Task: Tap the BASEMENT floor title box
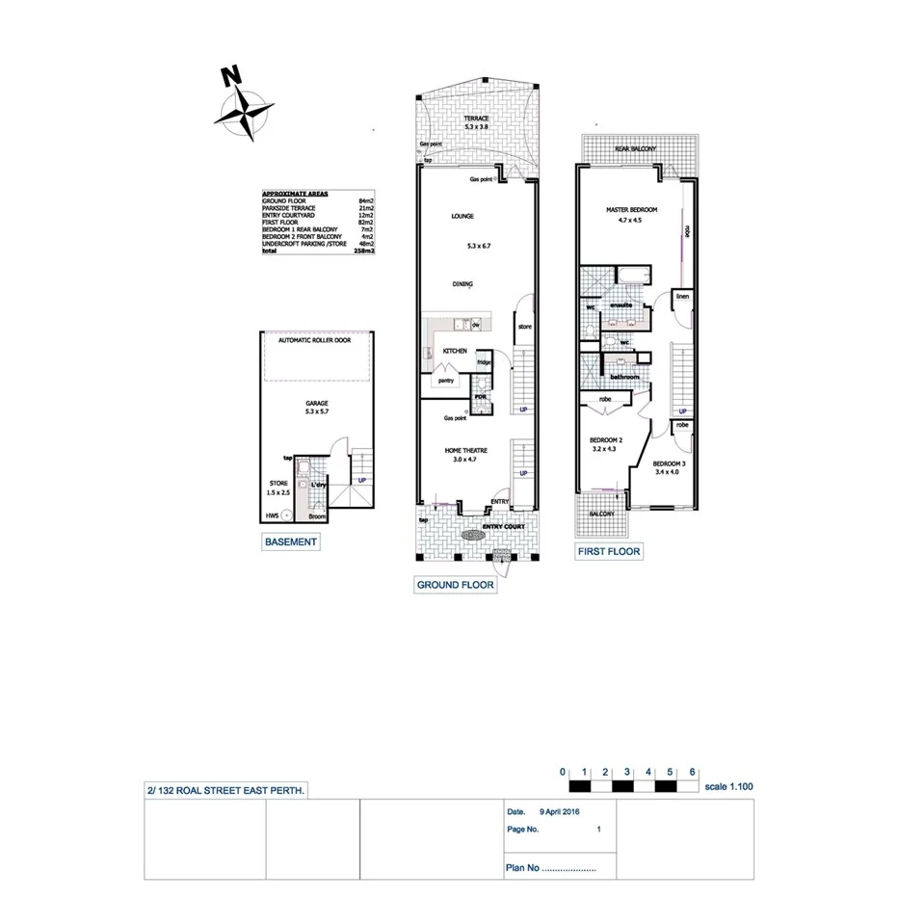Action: [290, 542]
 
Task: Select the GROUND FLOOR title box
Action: [456, 585]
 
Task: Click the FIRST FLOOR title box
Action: [608, 552]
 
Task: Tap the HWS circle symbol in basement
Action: [286, 515]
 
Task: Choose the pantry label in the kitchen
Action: [446, 381]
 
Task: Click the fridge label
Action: [484, 362]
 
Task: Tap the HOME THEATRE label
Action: [466, 451]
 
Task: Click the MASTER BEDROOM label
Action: [631, 209]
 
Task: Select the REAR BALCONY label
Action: [636, 149]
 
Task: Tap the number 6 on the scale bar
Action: [693, 772]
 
